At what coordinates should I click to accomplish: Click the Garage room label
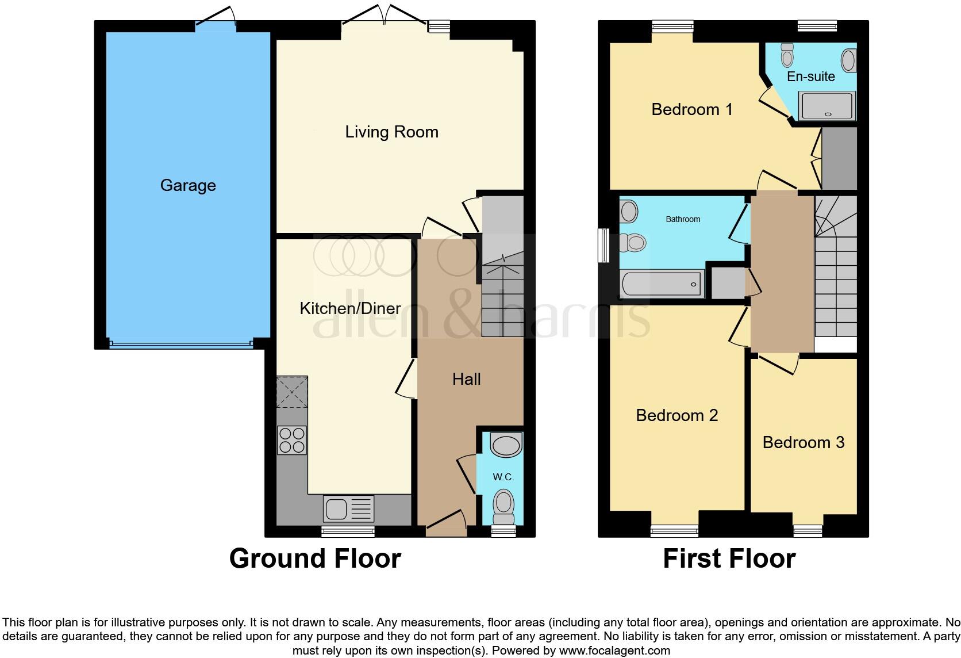[188, 185]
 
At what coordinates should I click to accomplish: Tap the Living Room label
[391, 132]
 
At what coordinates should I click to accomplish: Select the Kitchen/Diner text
[350, 308]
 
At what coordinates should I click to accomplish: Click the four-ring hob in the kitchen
[292, 440]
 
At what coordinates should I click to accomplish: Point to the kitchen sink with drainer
[348, 508]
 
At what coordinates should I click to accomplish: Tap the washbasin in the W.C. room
[506, 445]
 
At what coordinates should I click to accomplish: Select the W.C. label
[503, 477]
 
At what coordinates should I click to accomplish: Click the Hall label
[466, 379]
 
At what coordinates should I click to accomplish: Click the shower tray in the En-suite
[828, 106]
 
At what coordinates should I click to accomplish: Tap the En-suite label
[810, 76]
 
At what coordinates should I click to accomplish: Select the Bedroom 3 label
[803, 442]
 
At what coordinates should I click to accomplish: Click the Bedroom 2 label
[676, 415]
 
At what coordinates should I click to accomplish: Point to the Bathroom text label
[683, 219]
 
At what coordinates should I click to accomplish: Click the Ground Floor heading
[315, 558]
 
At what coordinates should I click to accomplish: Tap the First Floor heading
[729, 558]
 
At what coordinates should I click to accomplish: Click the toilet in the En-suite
[787, 55]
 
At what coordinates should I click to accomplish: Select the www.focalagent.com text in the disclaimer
[614, 651]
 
